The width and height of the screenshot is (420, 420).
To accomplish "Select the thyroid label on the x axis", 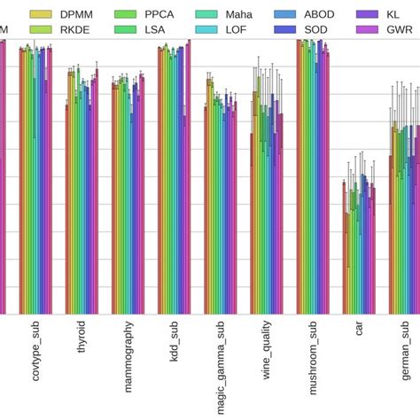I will tap(82, 341).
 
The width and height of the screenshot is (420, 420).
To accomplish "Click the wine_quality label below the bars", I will tap(267, 354).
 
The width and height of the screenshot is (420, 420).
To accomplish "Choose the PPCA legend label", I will tap(160, 14).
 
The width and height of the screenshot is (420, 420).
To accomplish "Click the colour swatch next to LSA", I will tap(127, 29).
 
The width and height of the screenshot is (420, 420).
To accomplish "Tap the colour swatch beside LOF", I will tap(210, 29).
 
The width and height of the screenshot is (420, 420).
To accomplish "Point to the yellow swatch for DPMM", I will tap(41, 14).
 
